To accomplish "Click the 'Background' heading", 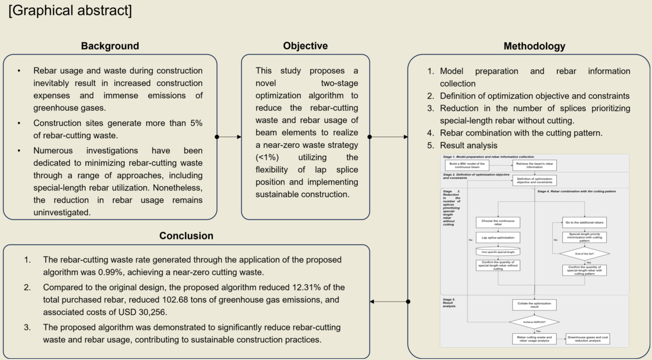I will click(x=110, y=46).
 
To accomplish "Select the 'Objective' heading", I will click(x=305, y=46).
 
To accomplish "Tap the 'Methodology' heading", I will click(x=534, y=46).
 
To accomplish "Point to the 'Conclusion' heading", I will click(x=186, y=236).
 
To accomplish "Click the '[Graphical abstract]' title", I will click(x=70, y=11).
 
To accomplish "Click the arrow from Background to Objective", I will click(x=229, y=137).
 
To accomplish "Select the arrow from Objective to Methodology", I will click(x=389, y=137).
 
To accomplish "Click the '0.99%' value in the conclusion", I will click(x=200, y=273).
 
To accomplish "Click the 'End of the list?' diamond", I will click(x=584, y=254).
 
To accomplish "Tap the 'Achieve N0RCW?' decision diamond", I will click(x=534, y=323).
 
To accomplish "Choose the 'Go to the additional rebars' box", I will click(x=584, y=222).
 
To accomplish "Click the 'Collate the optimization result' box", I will click(x=534, y=305).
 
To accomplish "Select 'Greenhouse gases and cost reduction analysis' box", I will click(x=588, y=338).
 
